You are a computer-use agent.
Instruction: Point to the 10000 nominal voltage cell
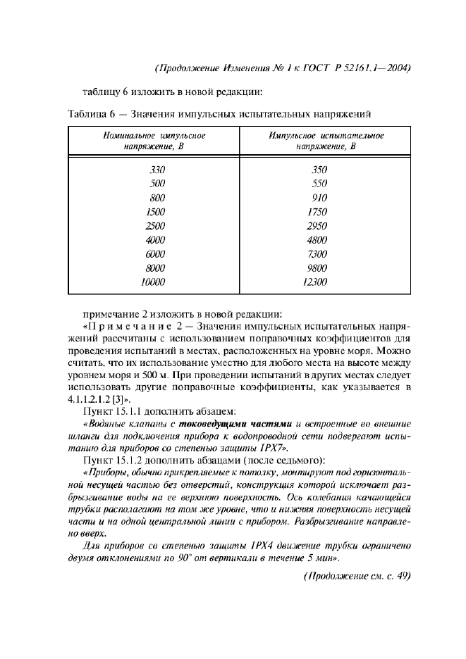[x=152, y=282]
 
